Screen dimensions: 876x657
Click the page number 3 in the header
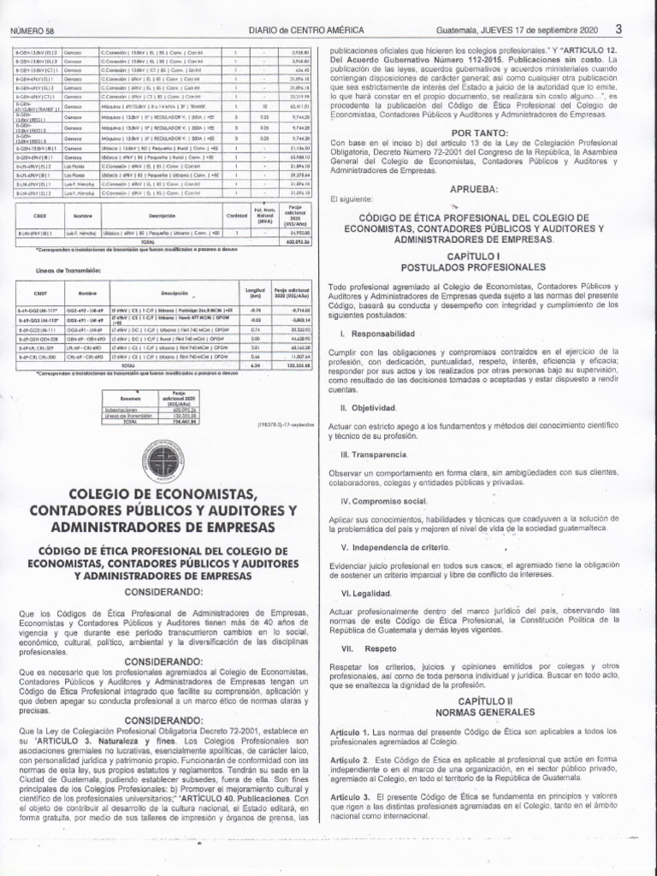click(x=618, y=28)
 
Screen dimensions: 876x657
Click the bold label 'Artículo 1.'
click(x=351, y=732)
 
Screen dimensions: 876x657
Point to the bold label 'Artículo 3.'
click(x=351, y=797)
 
